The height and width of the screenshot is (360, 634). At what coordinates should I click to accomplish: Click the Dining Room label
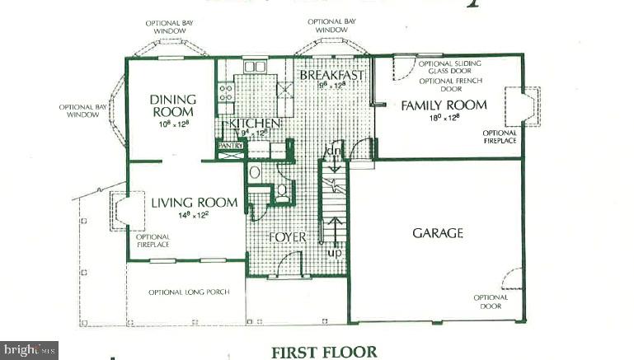[x=172, y=105]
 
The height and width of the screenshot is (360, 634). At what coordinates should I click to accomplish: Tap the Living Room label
[x=194, y=203]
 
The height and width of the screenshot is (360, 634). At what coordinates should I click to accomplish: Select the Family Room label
[x=444, y=105]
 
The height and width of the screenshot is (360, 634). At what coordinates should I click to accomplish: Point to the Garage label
[x=437, y=233]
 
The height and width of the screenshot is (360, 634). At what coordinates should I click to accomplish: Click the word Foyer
[x=288, y=237]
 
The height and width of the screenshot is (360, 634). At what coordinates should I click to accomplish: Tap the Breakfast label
[x=331, y=75]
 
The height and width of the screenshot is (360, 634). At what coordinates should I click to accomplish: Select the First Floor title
[x=324, y=352]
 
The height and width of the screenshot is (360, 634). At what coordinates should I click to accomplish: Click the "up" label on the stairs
[x=334, y=252]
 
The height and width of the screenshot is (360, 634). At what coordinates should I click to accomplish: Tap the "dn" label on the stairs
[x=334, y=151]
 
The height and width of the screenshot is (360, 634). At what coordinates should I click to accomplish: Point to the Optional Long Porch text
[x=189, y=292]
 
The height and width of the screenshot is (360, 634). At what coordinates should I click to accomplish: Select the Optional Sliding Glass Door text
[x=449, y=68]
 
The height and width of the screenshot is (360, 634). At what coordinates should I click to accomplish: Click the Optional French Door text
[x=447, y=86]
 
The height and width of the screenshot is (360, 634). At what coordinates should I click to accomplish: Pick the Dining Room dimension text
[x=174, y=123]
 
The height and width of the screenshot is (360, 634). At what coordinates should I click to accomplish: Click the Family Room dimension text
[x=443, y=119]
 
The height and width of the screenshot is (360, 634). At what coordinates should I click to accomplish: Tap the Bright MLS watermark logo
[x=29, y=350]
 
